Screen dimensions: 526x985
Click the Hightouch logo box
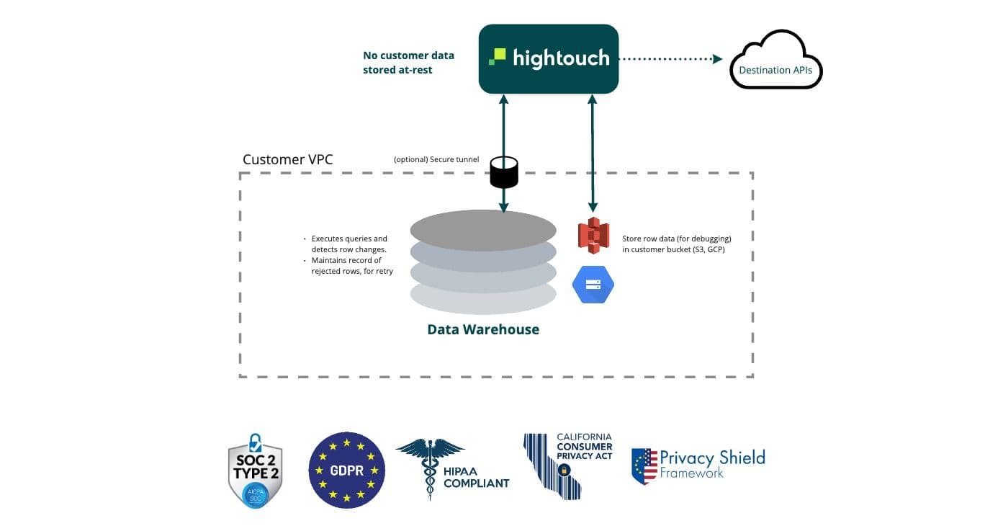[549, 58]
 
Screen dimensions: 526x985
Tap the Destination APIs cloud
[775, 66]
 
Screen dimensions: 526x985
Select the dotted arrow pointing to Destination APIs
[670, 59]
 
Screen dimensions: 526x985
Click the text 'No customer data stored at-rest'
[408, 63]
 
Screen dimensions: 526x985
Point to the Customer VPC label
[287, 160]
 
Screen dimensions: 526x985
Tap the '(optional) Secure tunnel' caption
[436, 159]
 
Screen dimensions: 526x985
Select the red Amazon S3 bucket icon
[593, 236]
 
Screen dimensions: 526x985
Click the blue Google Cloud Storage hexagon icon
[593, 284]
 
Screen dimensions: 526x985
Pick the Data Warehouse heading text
[483, 329]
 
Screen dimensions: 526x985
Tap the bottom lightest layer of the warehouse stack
[483, 298]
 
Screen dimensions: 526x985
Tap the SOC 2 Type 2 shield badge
[255, 471]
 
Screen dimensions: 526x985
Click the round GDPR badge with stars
[347, 470]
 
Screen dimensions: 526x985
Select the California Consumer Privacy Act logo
[567, 465]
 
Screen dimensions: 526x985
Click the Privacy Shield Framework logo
[698, 465]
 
